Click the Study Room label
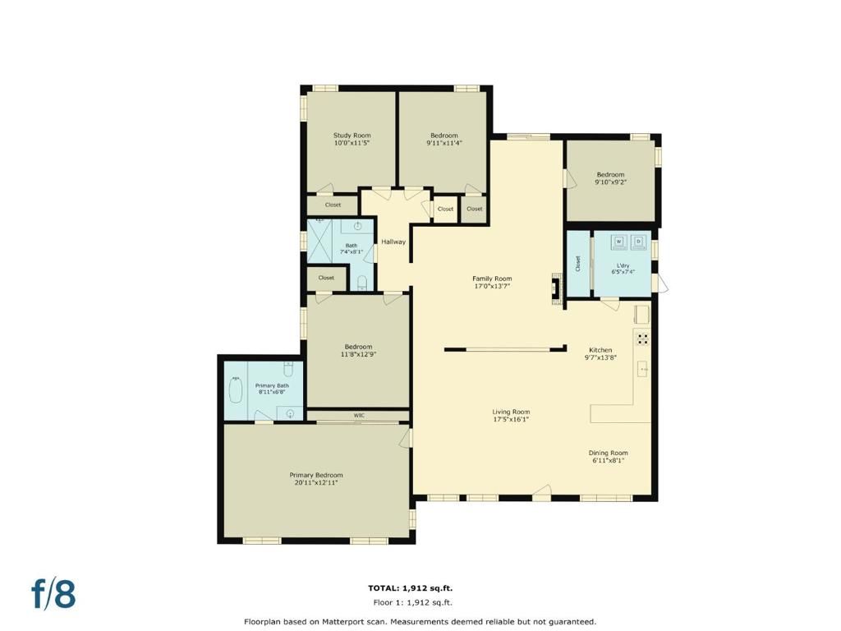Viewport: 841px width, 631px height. (x=352, y=136)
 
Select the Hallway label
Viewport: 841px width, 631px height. (x=393, y=242)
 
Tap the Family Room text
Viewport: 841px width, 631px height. (x=491, y=279)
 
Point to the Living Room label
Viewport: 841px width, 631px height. (x=511, y=412)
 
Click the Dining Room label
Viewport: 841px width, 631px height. (x=608, y=453)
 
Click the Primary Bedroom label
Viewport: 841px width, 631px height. (x=316, y=475)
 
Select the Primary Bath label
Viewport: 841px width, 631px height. (x=272, y=385)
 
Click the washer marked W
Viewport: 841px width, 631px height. (x=618, y=242)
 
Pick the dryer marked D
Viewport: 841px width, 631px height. (x=639, y=242)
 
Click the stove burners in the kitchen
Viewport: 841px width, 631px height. (x=643, y=338)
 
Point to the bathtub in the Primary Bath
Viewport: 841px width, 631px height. (x=236, y=389)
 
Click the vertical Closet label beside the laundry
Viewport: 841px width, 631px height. (x=578, y=264)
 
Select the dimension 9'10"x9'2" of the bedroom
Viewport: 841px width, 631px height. (x=610, y=182)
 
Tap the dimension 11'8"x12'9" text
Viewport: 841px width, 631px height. (x=358, y=354)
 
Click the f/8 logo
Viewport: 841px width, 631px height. (x=53, y=594)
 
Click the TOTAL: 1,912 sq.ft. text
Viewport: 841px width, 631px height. (x=410, y=587)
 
